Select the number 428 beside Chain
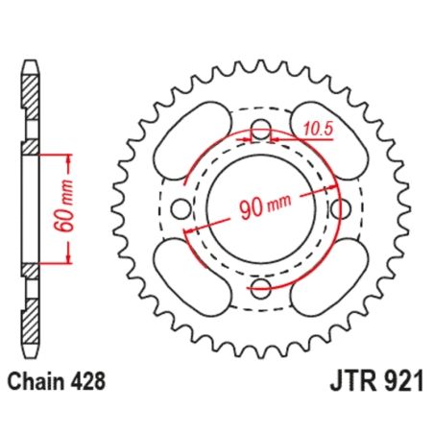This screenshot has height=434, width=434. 85,382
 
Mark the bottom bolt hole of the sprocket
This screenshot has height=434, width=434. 260,285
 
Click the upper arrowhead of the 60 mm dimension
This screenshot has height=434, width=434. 68,153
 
